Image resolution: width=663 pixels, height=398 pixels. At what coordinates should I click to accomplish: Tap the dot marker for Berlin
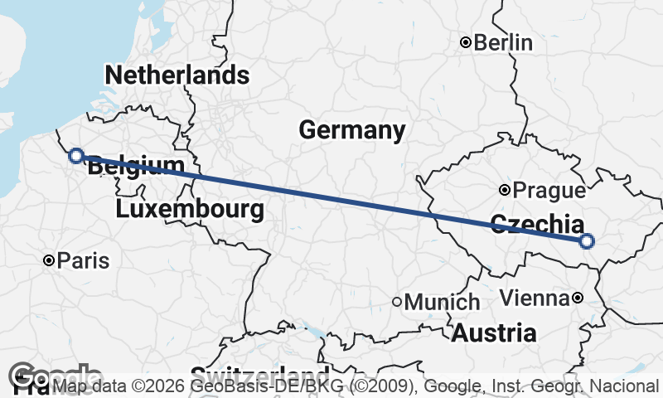(467, 42)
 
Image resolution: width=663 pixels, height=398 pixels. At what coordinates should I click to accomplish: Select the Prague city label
(549, 191)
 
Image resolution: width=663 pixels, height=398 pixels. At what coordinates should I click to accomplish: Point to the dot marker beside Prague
(505, 191)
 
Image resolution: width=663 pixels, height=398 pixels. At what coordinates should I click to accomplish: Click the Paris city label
(83, 261)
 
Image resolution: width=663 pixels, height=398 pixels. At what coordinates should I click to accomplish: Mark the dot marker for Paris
(50, 261)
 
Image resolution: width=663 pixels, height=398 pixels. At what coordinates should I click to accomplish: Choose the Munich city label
(443, 303)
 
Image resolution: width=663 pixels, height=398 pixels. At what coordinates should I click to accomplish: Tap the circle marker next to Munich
(398, 303)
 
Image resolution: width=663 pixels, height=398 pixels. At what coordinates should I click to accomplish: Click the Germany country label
(352, 130)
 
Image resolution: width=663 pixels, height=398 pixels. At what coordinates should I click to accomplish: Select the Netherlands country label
(177, 75)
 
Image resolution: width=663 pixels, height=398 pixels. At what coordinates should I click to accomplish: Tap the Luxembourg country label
(190, 209)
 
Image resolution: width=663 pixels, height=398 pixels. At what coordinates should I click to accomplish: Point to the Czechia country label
(535, 224)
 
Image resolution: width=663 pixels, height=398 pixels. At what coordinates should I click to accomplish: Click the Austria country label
(494, 333)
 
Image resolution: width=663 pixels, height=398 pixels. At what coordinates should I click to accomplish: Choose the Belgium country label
(136, 166)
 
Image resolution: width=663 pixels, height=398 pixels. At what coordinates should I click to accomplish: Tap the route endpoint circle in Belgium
(75, 155)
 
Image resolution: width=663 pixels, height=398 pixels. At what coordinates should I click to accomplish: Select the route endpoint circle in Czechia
(587, 241)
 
